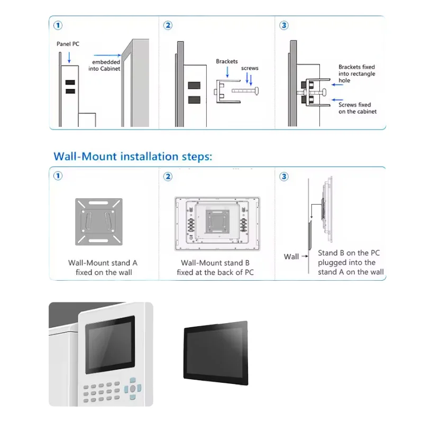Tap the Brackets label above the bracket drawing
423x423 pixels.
tap(227, 62)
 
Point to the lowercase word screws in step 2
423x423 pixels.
tap(250, 69)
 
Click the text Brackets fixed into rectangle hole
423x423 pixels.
tap(357, 74)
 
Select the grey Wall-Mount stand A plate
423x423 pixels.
tap(99, 221)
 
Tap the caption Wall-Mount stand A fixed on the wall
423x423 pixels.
tap(103, 267)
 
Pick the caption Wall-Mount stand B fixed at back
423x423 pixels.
tap(215, 267)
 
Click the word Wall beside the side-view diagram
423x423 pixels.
tap(291, 256)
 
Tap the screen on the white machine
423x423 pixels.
tap(111, 344)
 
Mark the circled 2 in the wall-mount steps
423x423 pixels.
tap(168, 176)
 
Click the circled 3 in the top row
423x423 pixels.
tap(284, 25)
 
